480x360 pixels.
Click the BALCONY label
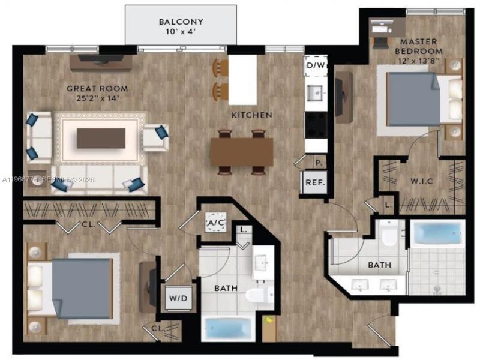(x=181, y=22)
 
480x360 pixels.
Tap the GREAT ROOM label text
(x=97, y=88)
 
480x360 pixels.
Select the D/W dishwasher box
(x=315, y=65)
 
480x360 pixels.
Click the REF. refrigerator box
(x=315, y=183)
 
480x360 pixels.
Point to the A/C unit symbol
(x=216, y=223)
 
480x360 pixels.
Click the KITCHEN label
(x=253, y=115)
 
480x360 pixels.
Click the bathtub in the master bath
(x=436, y=233)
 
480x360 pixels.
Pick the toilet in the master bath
(x=389, y=235)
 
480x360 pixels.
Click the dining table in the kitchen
(x=241, y=152)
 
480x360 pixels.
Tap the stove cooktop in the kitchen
(x=316, y=124)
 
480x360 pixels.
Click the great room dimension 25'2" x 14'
(x=97, y=98)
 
